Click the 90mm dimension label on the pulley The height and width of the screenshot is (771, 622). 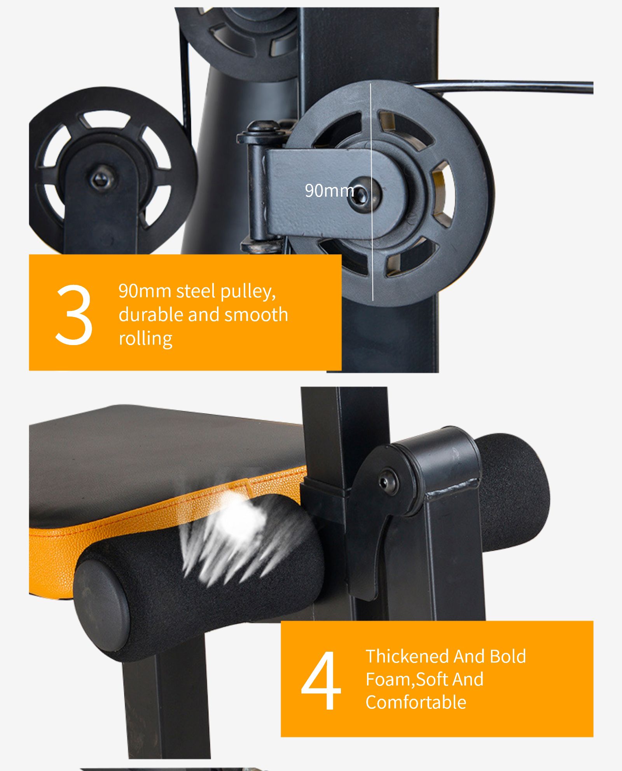pos(329,190)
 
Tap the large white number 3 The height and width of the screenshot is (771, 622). pos(74,315)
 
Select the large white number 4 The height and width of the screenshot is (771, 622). pos(321,680)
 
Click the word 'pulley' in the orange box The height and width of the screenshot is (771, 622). pos(248,291)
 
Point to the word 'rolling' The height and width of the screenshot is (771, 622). pos(145,338)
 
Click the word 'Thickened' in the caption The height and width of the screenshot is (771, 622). pos(407,656)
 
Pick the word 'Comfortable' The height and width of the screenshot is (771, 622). pos(416,702)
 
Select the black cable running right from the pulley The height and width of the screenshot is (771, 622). pos(501,86)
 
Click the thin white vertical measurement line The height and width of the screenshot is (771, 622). pos(371,192)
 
